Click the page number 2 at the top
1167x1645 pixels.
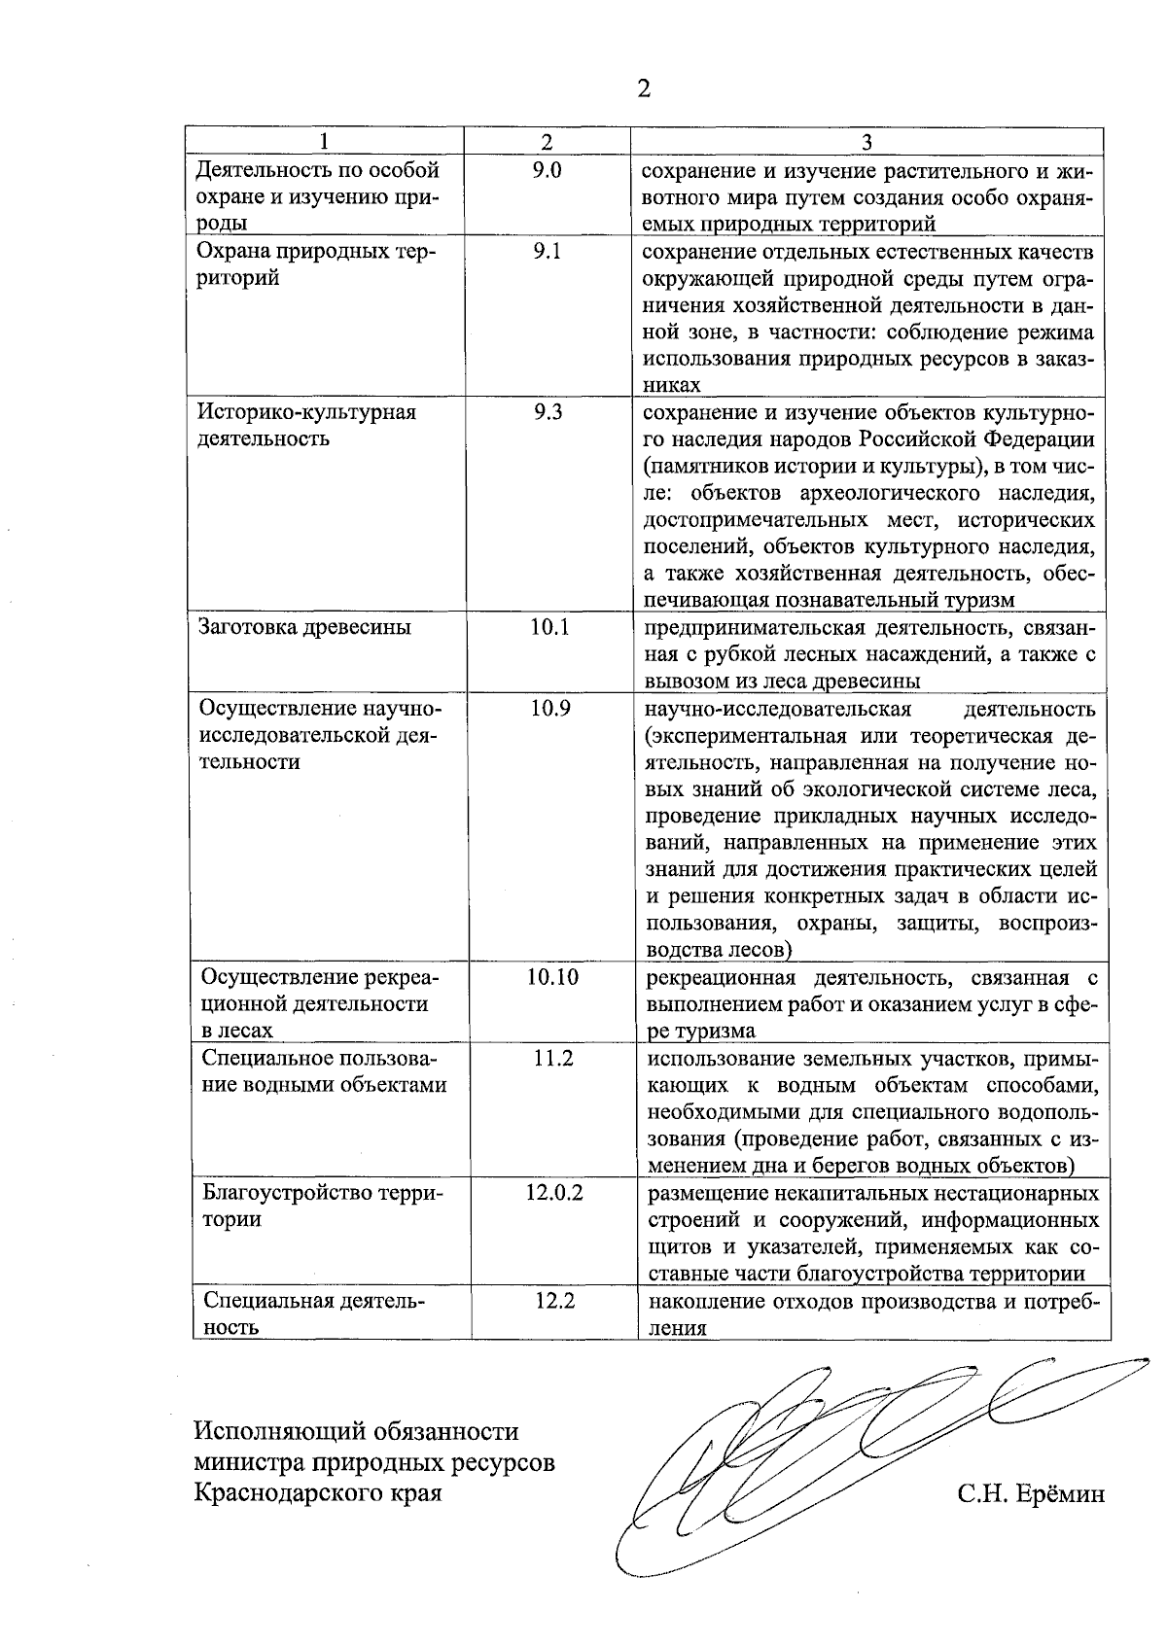[x=643, y=89]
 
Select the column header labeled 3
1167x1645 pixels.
[x=866, y=142]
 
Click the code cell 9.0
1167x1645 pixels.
[x=548, y=171]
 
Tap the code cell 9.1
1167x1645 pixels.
[x=548, y=252]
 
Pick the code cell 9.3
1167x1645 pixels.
[x=548, y=412]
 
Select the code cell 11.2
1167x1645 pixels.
[x=552, y=1059]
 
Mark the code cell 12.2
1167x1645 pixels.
[x=554, y=1301]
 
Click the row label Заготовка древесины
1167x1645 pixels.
[x=304, y=627]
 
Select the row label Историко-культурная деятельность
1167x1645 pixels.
[x=306, y=425]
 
